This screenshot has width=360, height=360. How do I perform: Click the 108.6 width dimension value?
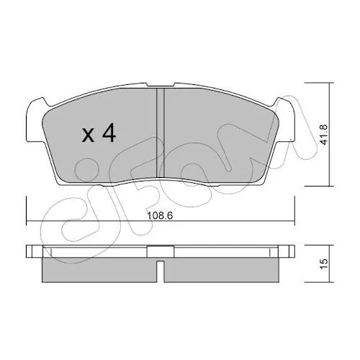(x=160, y=215)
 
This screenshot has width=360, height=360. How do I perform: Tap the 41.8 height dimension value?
(x=324, y=135)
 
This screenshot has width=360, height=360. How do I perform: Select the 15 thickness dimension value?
(x=324, y=264)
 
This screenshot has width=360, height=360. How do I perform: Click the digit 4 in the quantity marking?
(x=109, y=133)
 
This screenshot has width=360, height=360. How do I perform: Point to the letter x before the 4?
(x=88, y=135)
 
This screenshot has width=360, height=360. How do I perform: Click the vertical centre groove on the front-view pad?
(x=160, y=132)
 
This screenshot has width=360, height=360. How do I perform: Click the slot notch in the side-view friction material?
(x=161, y=271)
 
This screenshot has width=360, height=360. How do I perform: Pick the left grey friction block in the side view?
(x=99, y=270)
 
